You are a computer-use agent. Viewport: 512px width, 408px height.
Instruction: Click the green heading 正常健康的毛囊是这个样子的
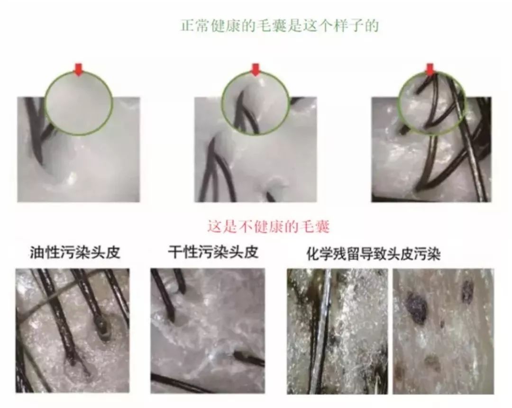tap(280, 25)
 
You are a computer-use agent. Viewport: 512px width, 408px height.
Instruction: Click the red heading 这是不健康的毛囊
tap(268, 227)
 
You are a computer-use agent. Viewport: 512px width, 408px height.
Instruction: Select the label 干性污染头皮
tap(213, 252)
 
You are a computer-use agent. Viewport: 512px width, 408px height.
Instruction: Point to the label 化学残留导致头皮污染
tap(374, 254)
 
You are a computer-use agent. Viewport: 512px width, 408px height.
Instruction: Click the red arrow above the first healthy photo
tap(79, 70)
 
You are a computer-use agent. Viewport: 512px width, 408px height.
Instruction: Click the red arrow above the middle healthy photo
tap(256, 70)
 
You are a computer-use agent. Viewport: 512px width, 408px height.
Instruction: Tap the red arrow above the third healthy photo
tap(430, 70)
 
